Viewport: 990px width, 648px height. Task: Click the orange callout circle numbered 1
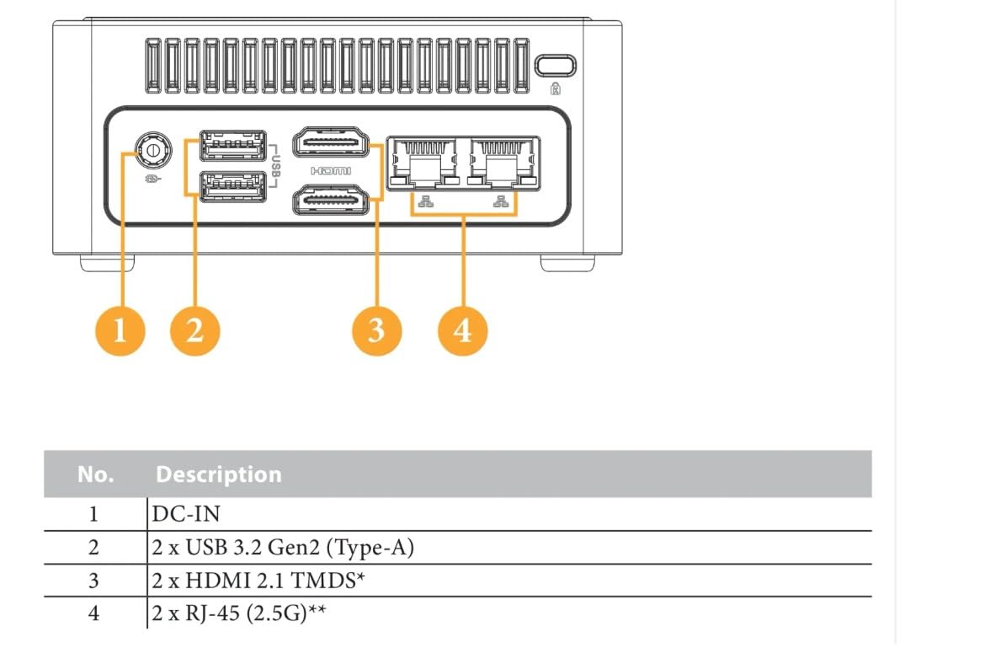[120, 330]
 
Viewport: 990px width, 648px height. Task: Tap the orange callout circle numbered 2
[195, 330]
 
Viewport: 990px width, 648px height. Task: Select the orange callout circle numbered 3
[377, 330]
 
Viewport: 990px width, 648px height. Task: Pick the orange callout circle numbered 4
[463, 330]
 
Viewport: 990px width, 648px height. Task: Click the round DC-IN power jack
[152, 151]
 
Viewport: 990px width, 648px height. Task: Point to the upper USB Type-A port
[233, 146]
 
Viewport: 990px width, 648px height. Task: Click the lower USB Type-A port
[233, 186]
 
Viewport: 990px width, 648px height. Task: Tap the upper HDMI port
[331, 142]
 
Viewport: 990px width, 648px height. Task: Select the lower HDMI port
[331, 200]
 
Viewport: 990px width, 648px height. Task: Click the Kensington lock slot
[556, 66]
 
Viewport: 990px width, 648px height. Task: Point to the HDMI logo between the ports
[331, 171]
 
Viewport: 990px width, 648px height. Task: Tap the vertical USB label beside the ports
[276, 166]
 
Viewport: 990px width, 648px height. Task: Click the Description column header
[219, 474]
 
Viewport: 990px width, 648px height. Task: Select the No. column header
[95, 474]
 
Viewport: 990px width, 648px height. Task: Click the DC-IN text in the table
[186, 514]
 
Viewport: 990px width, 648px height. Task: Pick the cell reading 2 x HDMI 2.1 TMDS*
[259, 581]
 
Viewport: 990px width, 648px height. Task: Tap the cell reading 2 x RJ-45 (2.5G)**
[239, 613]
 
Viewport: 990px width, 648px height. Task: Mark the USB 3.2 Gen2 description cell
[283, 548]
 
